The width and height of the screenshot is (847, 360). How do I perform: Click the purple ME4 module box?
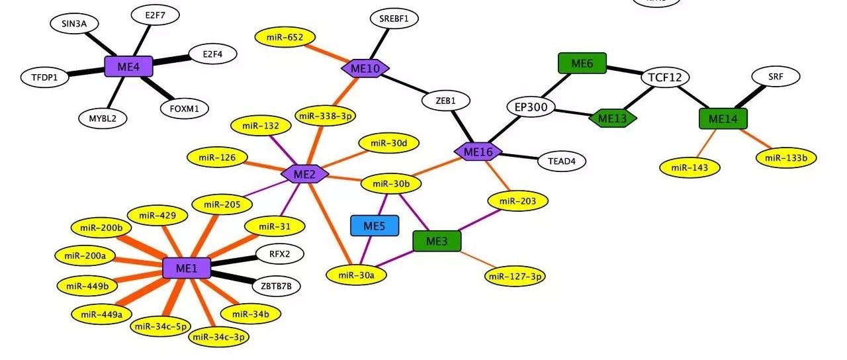(x=129, y=66)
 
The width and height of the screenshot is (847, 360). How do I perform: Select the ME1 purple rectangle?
(x=187, y=268)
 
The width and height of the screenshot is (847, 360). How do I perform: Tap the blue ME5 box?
(x=375, y=226)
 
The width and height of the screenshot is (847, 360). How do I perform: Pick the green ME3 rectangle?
(x=437, y=242)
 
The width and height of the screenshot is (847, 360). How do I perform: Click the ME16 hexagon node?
(x=478, y=152)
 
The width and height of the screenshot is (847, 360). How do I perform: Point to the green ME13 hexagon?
(x=613, y=118)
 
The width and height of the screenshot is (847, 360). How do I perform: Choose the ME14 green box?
(x=723, y=118)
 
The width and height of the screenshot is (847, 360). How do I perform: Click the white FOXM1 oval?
(x=185, y=108)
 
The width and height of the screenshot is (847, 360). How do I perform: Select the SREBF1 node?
(x=394, y=19)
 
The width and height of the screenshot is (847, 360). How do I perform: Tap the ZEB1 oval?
(x=445, y=101)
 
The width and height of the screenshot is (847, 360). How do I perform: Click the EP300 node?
(x=531, y=107)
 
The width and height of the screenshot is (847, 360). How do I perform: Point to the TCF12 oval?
(x=665, y=77)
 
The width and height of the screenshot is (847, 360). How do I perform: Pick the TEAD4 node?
(x=562, y=160)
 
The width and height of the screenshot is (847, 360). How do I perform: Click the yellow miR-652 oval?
(x=285, y=38)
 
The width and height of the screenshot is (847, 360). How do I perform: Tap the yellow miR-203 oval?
(x=517, y=201)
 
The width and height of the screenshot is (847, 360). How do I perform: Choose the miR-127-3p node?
(x=515, y=276)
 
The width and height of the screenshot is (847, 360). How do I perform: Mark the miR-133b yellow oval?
(x=786, y=157)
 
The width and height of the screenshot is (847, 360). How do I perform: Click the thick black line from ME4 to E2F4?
(x=171, y=60)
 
